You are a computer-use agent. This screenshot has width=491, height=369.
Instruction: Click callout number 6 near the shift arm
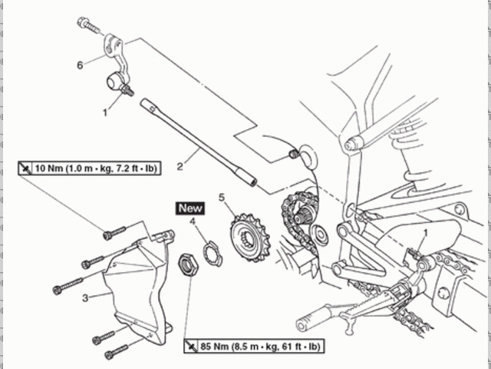click(79, 65)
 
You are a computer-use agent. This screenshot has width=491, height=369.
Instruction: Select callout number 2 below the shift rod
click(180, 165)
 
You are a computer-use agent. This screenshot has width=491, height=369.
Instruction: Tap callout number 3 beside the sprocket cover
click(86, 296)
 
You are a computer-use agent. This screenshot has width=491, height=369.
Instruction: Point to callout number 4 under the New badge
click(193, 223)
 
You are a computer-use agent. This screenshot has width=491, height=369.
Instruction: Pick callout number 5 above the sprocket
click(222, 198)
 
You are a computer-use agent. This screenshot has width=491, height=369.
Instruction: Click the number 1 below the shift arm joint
click(107, 111)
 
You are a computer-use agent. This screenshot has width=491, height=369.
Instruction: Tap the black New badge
click(190, 208)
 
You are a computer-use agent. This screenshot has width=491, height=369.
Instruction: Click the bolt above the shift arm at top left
click(88, 25)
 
